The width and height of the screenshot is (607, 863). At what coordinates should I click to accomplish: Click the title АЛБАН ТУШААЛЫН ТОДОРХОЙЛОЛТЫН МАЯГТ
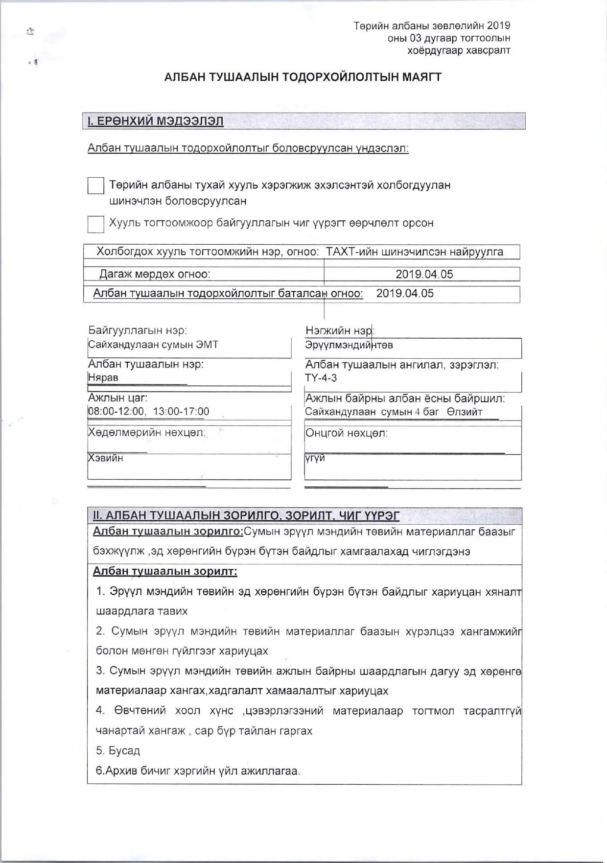coord(303,77)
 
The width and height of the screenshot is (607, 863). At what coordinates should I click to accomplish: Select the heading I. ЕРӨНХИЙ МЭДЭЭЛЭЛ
coord(155,121)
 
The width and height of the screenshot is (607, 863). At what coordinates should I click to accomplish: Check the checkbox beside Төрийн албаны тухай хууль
coord(95,186)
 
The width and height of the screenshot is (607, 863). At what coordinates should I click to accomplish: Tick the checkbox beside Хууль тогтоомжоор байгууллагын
coord(95,224)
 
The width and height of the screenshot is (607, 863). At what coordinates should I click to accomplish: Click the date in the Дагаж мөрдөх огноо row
coord(424,274)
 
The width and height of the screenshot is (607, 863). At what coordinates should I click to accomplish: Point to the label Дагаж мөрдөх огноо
coord(155,274)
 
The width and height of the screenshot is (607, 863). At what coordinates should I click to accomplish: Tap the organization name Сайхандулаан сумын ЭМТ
coord(153,345)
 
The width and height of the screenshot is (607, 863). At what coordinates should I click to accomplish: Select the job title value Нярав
coord(103,377)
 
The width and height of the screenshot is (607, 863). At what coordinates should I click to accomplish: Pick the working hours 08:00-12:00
coord(117,411)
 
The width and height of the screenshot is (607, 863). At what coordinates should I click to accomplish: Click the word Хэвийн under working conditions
coord(106,458)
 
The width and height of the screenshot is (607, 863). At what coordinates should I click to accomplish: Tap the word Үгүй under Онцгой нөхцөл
coord(315,458)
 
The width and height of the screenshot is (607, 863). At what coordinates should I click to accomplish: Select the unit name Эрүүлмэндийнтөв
coord(349,345)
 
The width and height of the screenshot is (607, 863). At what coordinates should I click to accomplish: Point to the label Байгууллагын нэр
coord(138,330)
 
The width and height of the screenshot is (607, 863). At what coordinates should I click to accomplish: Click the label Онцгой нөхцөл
coord(346,433)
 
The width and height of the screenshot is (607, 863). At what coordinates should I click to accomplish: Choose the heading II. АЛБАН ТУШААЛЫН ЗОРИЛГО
coord(246,515)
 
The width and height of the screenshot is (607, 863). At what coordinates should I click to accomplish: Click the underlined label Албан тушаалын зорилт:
coord(165,571)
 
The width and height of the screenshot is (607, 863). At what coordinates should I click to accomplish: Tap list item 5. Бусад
coord(118,750)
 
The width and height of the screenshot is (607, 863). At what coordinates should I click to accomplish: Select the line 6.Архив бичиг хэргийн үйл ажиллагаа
coord(198,771)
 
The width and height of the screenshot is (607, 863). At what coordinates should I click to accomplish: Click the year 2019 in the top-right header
coord(498,26)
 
